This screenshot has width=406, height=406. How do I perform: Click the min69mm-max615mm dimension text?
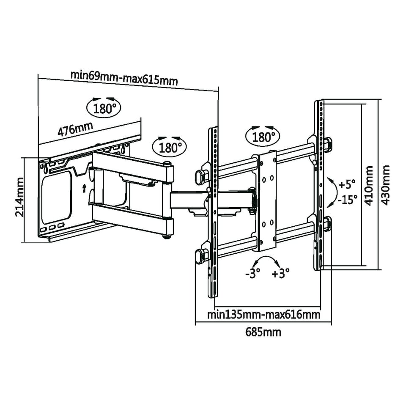pyautogui.click(x=124, y=78)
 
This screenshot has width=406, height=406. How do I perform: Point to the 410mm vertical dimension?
pyautogui.click(x=368, y=185)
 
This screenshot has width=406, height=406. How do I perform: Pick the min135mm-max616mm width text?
pyautogui.click(x=263, y=315)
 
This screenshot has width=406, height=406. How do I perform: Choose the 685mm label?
pyautogui.click(x=263, y=332)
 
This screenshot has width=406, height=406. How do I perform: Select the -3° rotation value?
pyautogui.click(x=252, y=274)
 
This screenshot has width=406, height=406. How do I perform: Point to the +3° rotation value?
pyautogui.click(x=280, y=274)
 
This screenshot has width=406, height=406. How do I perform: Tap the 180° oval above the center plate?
pyautogui.click(x=263, y=136)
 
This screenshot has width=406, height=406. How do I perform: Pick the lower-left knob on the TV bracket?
pyautogui.click(x=200, y=255)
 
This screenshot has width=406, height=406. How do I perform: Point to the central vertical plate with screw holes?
pyautogui.click(x=267, y=199)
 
